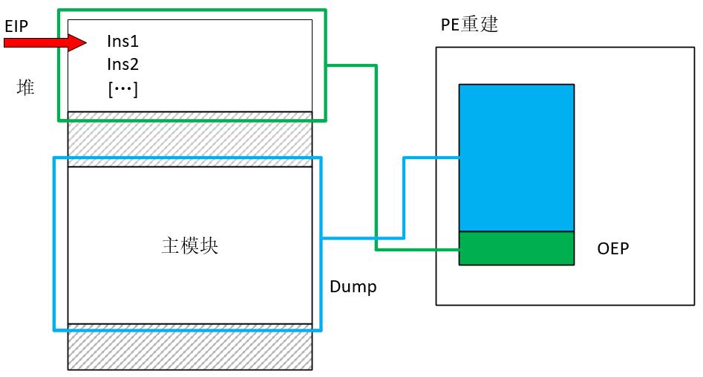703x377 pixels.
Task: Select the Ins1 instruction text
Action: (122, 42)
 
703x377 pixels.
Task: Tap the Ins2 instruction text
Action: (122, 65)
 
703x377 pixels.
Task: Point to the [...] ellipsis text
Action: (122, 89)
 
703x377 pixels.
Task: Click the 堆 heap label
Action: (25, 88)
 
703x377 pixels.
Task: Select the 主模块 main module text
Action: (189, 246)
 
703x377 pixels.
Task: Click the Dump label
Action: (353, 286)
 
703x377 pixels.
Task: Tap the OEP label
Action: (612, 249)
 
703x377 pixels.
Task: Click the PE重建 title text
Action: (468, 25)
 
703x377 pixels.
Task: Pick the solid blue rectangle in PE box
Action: (516, 157)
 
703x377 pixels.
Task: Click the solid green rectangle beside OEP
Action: (516, 248)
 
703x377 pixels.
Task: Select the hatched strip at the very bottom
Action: (189, 351)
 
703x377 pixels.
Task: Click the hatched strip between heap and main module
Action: (189, 139)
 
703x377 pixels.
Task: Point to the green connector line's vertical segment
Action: (376, 157)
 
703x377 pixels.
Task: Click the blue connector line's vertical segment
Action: (403, 198)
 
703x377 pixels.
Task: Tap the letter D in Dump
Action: (334, 286)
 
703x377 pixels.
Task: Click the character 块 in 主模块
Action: (209, 246)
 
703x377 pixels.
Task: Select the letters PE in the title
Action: (450, 25)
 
